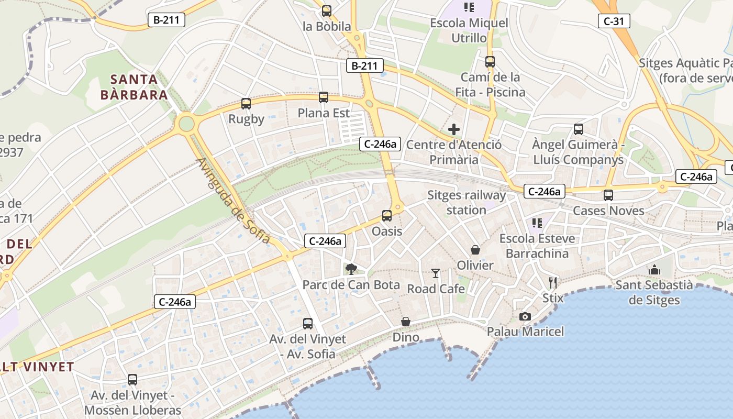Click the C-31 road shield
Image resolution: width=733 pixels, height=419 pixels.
(614, 21)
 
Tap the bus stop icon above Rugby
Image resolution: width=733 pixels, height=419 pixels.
(246, 104)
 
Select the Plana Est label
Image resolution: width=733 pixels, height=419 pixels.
(324, 113)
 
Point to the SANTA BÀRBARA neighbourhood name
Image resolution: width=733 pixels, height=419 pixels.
(135, 87)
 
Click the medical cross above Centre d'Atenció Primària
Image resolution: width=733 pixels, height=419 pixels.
(454, 129)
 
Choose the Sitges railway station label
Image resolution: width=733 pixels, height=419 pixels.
(467, 203)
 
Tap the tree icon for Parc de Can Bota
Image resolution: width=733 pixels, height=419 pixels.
(351, 269)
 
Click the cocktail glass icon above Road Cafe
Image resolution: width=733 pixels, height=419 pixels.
(436, 273)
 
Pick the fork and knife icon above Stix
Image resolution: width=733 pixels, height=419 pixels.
(553, 283)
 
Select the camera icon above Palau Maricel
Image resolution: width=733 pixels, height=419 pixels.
(525, 316)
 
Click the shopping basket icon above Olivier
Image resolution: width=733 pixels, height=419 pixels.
(475, 250)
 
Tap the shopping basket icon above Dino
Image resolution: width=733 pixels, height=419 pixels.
(406, 322)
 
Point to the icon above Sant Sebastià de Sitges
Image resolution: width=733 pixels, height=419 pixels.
(654, 270)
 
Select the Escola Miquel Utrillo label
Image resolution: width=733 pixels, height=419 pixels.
(469, 30)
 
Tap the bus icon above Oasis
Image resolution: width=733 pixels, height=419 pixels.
(387, 215)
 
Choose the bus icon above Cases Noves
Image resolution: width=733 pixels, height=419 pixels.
(608, 195)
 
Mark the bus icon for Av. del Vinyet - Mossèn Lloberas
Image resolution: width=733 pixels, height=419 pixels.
(132, 380)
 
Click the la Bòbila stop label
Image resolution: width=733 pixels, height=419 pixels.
(327, 26)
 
